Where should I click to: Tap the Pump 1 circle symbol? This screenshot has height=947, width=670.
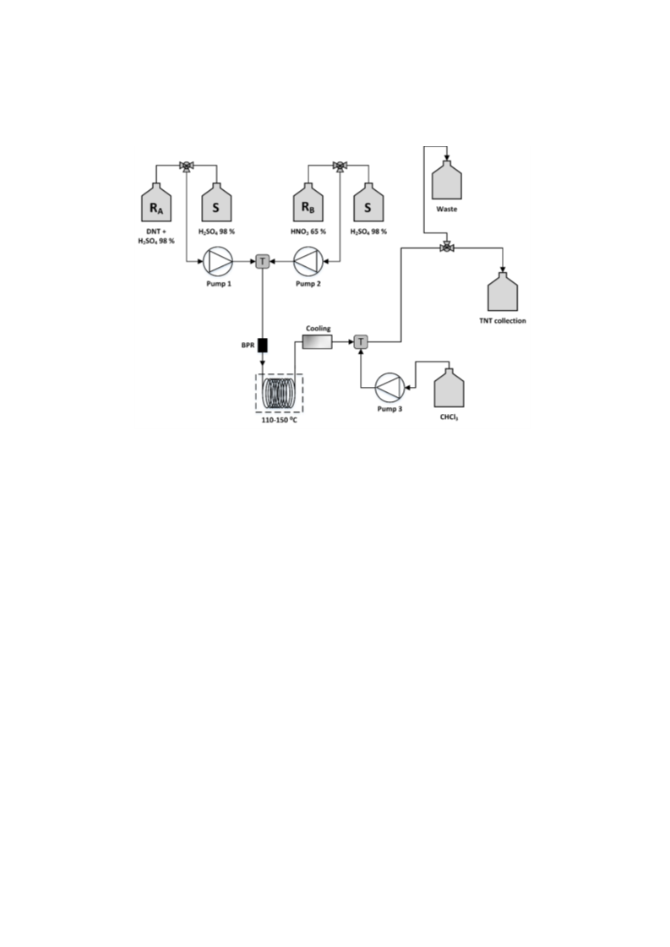coord(217,262)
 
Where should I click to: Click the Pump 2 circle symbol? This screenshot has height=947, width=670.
coord(308,262)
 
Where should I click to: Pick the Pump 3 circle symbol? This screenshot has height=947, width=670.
coord(389,387)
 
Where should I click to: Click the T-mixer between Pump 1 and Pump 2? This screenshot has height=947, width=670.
coord(263,262)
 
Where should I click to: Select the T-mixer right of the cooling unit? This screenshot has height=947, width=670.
coord(361,342)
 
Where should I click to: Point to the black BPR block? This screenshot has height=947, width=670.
coord(263,345)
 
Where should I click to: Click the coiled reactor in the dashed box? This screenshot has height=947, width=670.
coord(279,394)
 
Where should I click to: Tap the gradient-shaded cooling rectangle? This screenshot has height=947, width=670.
coord(318,342)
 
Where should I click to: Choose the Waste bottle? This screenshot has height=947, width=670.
coord(446,179)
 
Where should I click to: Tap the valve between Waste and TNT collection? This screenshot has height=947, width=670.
coord(446,247)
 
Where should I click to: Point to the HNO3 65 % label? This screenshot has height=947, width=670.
coord(308,231)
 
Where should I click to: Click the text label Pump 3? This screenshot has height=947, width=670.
coord(389,409)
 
